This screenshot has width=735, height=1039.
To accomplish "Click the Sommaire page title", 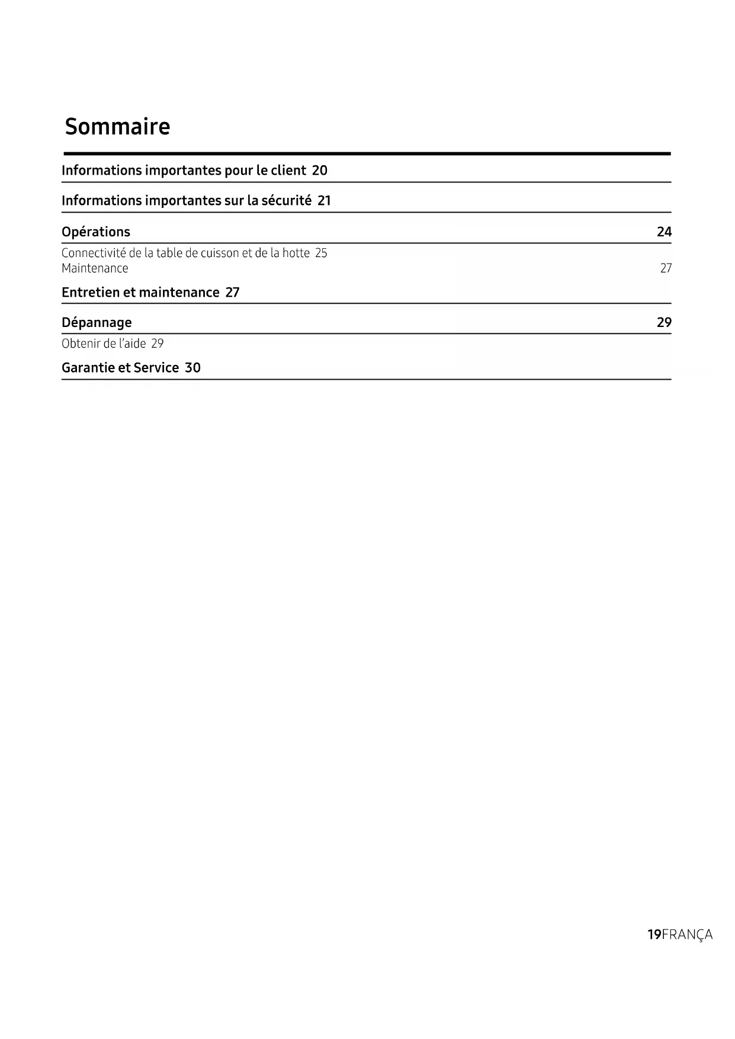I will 117,126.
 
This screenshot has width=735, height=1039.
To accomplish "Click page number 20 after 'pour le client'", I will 319,171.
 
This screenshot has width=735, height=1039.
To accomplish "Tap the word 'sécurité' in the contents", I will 286,201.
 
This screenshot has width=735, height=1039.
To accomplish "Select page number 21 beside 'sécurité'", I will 324,201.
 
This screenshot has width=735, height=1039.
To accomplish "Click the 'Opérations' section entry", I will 96,232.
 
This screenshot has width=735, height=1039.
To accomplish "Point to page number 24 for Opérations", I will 664,232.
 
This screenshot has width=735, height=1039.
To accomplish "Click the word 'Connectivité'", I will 93,253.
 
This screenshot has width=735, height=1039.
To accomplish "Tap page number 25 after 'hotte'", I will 321,253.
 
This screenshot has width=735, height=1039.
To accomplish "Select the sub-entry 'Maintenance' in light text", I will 95,268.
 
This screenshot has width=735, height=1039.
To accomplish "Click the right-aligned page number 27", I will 666,268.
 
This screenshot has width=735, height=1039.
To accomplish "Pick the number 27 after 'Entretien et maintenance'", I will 232,293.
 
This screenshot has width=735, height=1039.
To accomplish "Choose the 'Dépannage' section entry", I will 97,323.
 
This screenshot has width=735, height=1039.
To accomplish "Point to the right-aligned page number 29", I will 664,322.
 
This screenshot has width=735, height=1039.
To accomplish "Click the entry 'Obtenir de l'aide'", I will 104,344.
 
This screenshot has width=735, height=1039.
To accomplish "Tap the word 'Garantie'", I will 88,368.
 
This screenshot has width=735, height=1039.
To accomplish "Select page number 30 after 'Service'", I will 192,368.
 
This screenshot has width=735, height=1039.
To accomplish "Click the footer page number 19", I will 654,935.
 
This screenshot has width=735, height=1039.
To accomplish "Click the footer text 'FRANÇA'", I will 687,935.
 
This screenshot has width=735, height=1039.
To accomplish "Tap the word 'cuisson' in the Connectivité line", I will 220,253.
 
